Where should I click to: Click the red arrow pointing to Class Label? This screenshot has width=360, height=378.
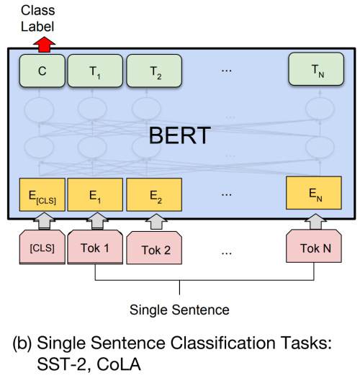click(x=45, y=45)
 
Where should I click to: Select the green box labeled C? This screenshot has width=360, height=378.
click(x=42, y=71)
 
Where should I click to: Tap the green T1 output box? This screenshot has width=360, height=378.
click(x=95, y=71)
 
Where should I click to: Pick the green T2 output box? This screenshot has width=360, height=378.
click(x=154, y=71)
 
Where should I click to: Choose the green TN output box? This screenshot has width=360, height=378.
click(x=316, y=69)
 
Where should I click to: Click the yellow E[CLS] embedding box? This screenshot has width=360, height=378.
click(x=42, y=195)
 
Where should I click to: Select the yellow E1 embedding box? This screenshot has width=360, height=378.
click(x=95, y=195)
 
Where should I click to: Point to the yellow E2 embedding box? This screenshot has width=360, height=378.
click(x=154, y=195)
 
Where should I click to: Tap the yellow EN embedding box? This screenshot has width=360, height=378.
click(x=314, y=193)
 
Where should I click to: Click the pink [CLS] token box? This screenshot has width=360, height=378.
click(x=42, y=247)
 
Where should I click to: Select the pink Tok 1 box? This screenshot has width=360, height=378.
click(x=95, y=247)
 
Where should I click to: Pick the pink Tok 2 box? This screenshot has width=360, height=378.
click(x=154, y=248)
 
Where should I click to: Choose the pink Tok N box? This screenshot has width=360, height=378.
click(x=314, y=246)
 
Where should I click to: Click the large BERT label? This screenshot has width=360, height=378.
click(x=180, y=135)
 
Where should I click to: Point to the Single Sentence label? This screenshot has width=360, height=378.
click(x=179, y=310)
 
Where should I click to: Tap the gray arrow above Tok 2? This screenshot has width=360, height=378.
click(x=156, y=222)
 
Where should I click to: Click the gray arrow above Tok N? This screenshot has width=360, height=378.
click(x=315, y=221)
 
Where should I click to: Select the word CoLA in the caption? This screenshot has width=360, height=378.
click(x=119, y=364)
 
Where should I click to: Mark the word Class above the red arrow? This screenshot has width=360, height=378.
click(x=38, y=10)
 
